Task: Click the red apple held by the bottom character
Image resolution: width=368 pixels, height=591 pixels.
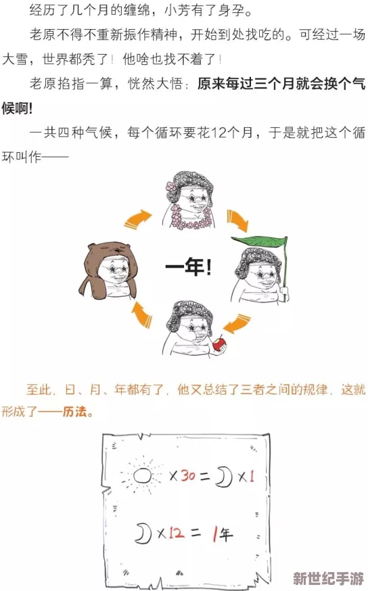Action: [218, 344]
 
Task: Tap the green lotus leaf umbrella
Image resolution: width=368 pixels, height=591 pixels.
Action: [260, 240]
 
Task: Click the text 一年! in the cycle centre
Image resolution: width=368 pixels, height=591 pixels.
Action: [187, 267]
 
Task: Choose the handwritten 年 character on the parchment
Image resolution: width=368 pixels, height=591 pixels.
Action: [226, 535]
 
